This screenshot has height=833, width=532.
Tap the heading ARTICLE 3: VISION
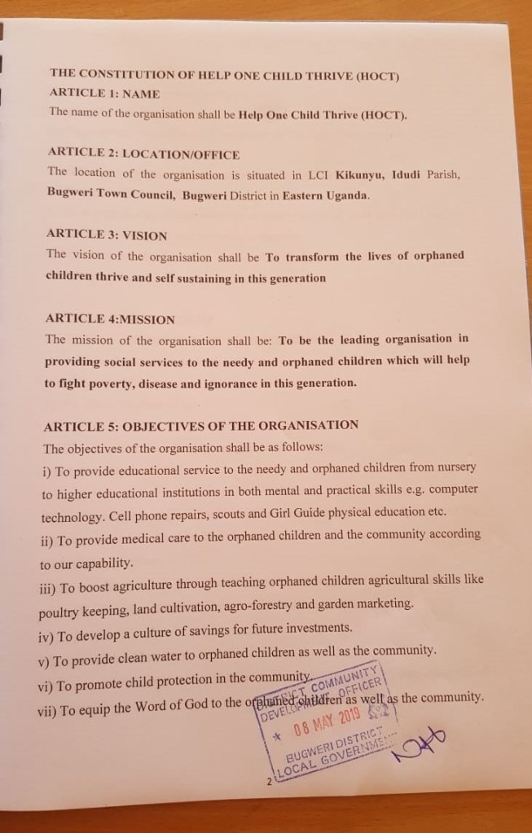[107, 235]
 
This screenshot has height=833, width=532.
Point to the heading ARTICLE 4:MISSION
[110, 318]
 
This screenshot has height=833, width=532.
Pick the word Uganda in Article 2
[346, 195]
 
